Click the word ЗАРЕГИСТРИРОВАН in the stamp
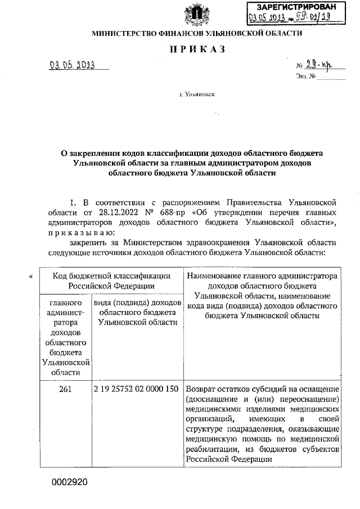click(x=298, y=7)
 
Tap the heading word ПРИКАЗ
click(x=197, y=49)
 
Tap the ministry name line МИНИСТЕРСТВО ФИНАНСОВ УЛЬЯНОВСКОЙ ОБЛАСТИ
click(x=197, y=34)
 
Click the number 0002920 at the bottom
click(x=69, y=482)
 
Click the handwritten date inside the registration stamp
click(x=268, y=18)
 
